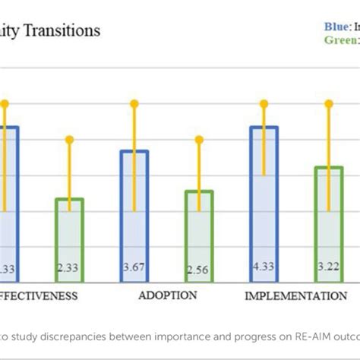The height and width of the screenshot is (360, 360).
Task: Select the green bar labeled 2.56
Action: tap(199, 235)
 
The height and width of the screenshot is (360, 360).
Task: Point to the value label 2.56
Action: tap(199, 268)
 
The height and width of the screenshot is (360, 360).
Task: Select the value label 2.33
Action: tap(70, 268)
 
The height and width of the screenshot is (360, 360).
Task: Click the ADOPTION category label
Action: tap(167, 295)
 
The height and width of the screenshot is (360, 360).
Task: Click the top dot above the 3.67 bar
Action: tap(134, 103)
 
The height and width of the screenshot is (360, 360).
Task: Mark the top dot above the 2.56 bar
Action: tap(199, 139)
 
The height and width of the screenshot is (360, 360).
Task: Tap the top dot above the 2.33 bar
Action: tap(70, 139)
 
